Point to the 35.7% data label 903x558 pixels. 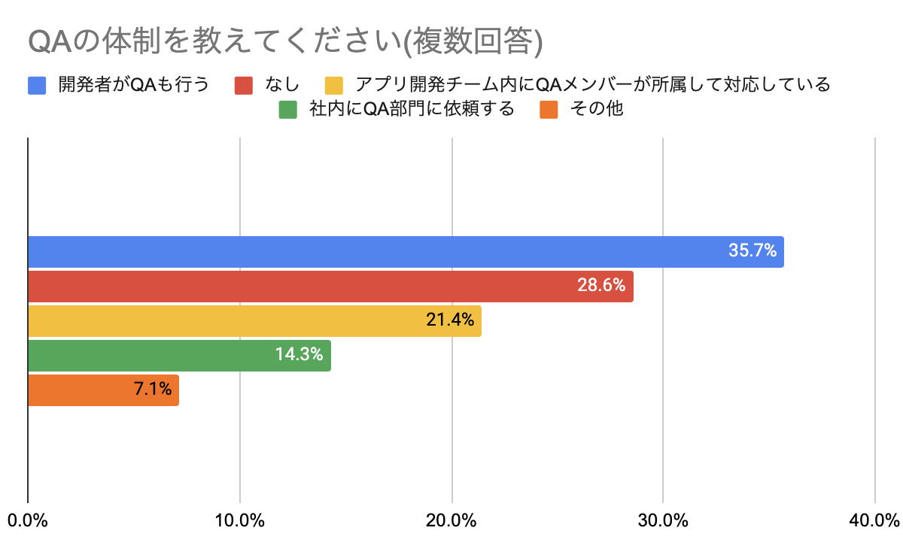[x=752, y=251]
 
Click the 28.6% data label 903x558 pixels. [x=601, y=287]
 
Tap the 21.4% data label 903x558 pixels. [x=450, y=321]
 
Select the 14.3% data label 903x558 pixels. [x=299, y=356]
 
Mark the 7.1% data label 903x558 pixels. [x=153, y=390]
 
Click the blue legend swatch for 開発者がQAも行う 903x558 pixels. [x=37, y=84]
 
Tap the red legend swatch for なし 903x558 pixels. [x=244, y=84]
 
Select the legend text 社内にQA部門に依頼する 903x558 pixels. [x=412, y=109]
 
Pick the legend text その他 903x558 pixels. [x=597, y=109]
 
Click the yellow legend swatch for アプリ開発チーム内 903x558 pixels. [x=334, y=84]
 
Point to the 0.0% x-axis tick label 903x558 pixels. [x=28, y=520]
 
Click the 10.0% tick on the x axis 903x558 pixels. [x=239, y=520]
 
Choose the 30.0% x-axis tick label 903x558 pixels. [x=663, y=520]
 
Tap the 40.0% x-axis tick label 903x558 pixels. [x=874, y=520]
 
